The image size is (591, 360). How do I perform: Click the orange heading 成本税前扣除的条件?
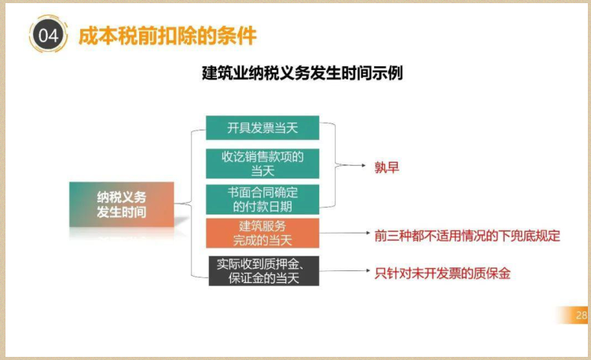pyautogui.click(x=167, y=36)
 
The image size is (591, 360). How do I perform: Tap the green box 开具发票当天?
pyautogui.click(x=262, y=127)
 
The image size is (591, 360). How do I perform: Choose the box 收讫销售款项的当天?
pyautogui.click(x=262, y=163)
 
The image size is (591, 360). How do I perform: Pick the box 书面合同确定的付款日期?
pyautogui.click(x=262, y=200)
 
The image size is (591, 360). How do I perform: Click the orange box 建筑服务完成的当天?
pyautogui.click(x=262, y=233)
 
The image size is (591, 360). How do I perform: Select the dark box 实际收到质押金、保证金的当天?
pyautogui.click(x=263, y=270)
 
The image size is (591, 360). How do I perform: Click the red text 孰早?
pyautogui.click(x=387, y=167)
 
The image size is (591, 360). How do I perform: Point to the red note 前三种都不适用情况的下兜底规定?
pyautogui.click(x=467, y=234)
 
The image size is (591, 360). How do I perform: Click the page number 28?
pyautogui.click(x=582, y=316)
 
